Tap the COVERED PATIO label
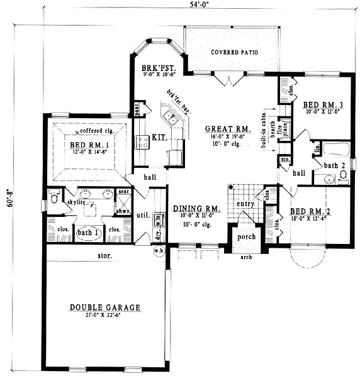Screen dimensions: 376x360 233,52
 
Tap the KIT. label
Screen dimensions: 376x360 158,137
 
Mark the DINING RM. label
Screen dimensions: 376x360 195,208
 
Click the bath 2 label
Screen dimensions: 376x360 334,165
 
